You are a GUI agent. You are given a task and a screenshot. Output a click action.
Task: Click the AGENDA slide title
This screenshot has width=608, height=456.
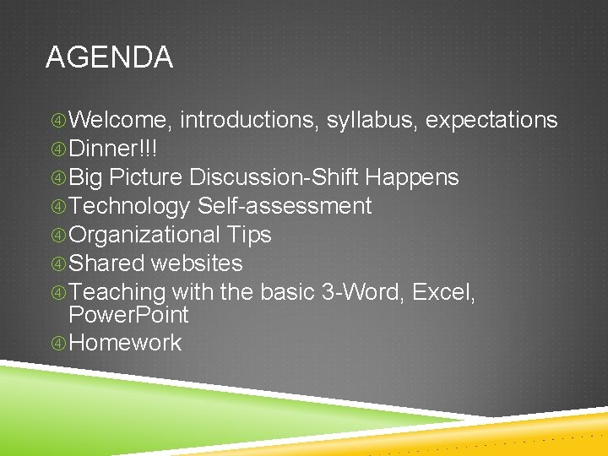coord(109,57)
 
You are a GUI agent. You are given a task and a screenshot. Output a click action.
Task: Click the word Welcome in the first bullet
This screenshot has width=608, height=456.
coord(120,120)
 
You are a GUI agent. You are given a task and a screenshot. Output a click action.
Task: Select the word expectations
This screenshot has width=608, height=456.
coord(491,120)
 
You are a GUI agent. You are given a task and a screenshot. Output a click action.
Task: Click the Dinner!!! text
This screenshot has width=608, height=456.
coord(112,149)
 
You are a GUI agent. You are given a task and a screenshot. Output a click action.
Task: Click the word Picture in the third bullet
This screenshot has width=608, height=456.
coord(146,177)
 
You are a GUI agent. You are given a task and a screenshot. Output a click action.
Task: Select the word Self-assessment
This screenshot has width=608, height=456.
coord(285,206)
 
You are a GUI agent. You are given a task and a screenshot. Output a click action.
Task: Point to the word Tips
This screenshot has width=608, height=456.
coord(249,235)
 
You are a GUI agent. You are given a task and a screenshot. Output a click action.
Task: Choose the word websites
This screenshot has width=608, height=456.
coord(196,263)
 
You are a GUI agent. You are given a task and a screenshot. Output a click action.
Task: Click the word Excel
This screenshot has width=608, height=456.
coord(444,292)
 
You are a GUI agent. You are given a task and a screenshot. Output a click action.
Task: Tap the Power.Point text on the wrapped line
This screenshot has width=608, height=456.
coord(128,316)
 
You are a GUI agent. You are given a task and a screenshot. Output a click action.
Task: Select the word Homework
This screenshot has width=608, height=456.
coord(125,343)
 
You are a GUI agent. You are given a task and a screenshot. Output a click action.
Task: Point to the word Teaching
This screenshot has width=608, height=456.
coord(117,292)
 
